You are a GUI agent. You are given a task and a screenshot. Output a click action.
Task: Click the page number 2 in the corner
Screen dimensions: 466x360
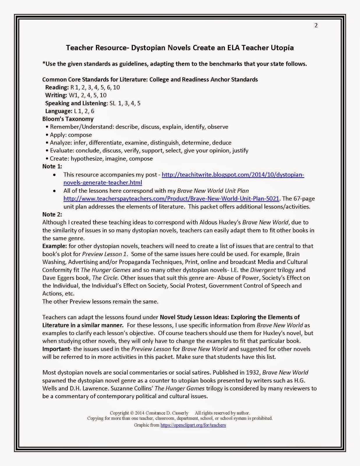coord(316,25)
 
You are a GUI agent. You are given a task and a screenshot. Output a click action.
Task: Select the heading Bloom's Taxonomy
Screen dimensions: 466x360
coord(68,119)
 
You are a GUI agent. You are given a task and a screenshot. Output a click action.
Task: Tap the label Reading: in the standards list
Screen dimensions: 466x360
coord(57,87)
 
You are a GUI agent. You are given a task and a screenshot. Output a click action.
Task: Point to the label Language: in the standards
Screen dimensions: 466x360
coord(58,111)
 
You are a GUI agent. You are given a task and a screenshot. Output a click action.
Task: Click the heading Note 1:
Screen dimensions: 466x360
coord(52,166)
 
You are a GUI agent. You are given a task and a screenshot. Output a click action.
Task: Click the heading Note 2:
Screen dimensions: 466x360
coord(52,214)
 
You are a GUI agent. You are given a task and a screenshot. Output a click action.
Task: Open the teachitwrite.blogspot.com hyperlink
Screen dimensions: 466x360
coord(233,175)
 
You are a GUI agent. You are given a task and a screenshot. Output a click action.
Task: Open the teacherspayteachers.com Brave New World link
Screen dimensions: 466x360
coord(171,199)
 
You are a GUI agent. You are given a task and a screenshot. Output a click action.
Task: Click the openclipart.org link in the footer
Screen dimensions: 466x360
coord(193,425)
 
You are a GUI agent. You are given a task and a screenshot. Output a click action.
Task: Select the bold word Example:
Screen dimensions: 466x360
coord(55,246)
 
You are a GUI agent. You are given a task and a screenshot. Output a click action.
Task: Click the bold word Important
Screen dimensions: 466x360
coord(56,349)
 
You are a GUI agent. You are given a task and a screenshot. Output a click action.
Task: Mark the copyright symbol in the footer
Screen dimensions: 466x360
coord(132,413)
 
